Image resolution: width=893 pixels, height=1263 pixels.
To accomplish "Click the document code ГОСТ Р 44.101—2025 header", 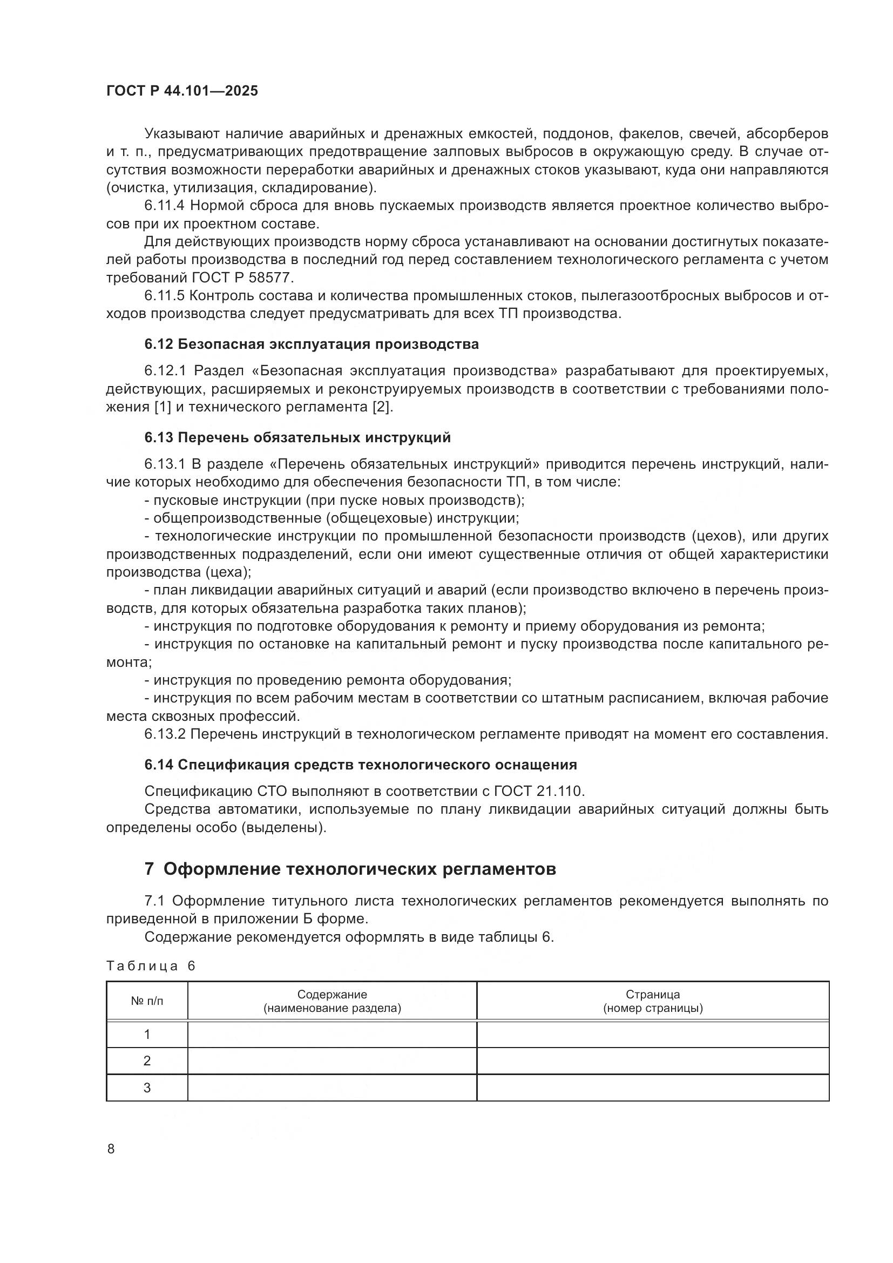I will click(x=182, y=91).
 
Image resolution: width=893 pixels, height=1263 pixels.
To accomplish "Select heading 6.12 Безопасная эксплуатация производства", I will click(x=311, y=345).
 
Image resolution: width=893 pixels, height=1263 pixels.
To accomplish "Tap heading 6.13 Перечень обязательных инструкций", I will click(x=297, y=437).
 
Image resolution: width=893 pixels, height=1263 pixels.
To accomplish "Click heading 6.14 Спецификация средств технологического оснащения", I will click(x=360, y=765).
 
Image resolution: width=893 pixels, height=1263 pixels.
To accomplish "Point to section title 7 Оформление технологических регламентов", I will click(x=350, y=869).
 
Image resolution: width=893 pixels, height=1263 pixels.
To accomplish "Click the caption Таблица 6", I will click(x=151, y=967).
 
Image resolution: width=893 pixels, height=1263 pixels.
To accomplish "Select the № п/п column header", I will click(x=147, y=1001).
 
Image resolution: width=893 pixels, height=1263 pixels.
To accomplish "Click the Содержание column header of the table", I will click(x=332, y=1001).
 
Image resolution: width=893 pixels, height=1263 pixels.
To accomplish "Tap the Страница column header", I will click(x=653, y=1001).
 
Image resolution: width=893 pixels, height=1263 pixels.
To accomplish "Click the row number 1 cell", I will click(x=147, y=1035).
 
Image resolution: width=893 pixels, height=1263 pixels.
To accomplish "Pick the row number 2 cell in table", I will click(x=147, y=1061).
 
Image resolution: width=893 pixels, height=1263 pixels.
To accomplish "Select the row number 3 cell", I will click(x=147, y=1088).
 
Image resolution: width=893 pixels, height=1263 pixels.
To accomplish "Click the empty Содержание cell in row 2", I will click(x=332, y=1061).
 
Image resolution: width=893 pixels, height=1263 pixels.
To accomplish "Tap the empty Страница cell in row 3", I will click(x=653, y=1088).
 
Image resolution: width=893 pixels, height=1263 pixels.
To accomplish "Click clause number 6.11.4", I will click(x=165, y=206).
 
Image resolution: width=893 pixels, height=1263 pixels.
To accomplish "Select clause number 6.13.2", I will click(x=165, y=734).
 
